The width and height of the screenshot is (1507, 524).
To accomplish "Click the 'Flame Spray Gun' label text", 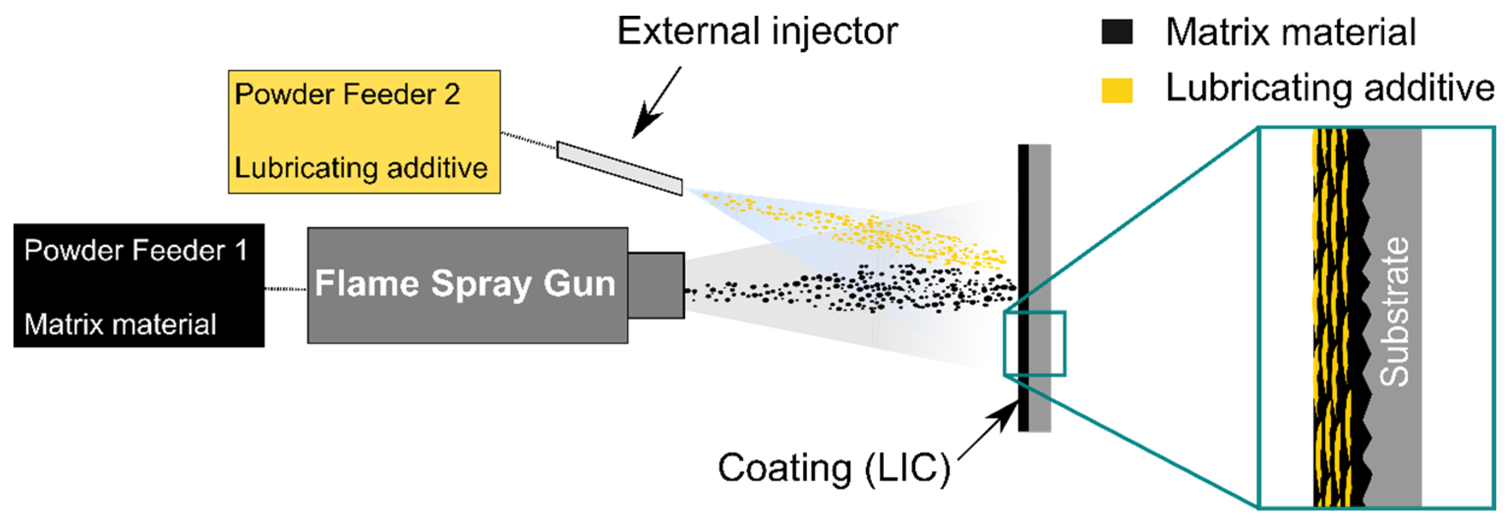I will point(465,284).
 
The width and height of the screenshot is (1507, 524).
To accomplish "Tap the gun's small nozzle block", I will point(656,286).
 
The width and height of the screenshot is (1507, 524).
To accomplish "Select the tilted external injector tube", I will point(619,168).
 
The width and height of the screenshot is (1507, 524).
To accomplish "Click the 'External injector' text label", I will point(757,31).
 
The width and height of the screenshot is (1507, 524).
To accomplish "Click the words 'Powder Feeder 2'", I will point(347,95).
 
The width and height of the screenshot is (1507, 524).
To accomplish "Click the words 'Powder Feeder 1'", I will point(136,250).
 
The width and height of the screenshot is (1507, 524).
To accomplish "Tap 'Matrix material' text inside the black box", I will point(120,324).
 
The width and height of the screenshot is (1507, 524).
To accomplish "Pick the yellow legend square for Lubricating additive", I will point(1116,90).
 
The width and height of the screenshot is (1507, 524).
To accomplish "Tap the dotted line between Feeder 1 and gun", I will point(286,289).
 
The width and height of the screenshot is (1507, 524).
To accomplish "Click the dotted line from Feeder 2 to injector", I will point(528,141).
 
